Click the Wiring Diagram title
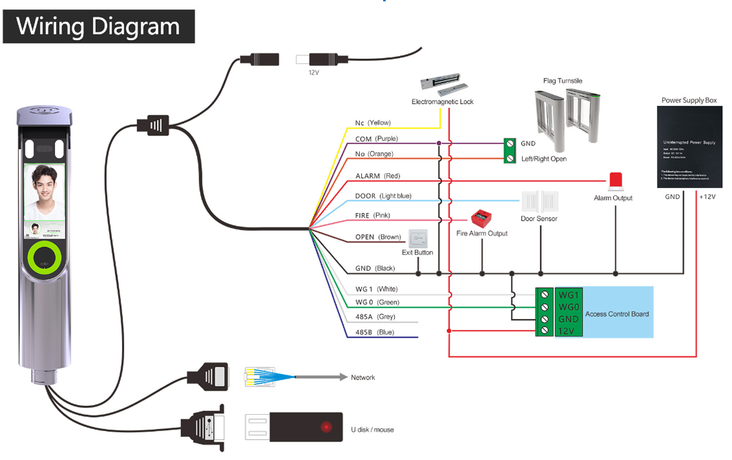tap(98, 26)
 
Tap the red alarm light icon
tap(615, 181)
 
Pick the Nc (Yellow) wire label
tap(373, 123)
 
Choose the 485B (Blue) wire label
tap(375, 332)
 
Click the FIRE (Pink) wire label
tap(372, 215)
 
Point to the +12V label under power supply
tap(708, 197)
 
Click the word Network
tap(363, 378)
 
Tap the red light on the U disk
tap(326, 426)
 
